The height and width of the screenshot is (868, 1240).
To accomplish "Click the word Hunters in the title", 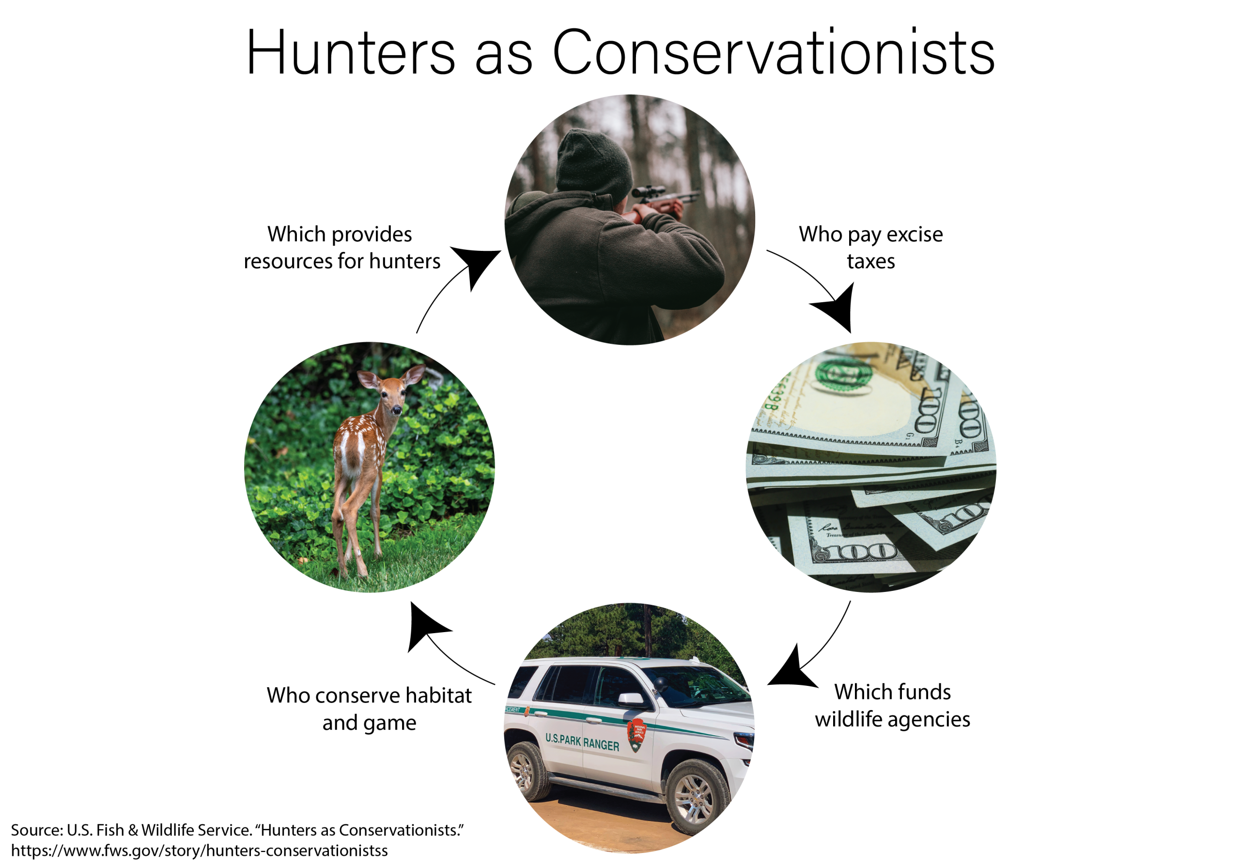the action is point(351,52).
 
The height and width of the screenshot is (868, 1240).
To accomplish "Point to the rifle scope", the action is point(648,191).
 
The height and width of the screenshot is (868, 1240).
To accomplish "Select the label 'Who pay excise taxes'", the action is point(870,248).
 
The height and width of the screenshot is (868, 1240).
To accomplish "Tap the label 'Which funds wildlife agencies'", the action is point(892,705).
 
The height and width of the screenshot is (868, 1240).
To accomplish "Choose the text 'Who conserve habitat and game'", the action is point(369,709).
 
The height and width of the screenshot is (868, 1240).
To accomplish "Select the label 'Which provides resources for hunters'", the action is point(342,248).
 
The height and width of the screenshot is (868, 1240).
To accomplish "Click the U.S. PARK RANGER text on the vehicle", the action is point(582,742).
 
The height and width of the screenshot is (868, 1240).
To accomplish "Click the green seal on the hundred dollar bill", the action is point(844,374).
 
